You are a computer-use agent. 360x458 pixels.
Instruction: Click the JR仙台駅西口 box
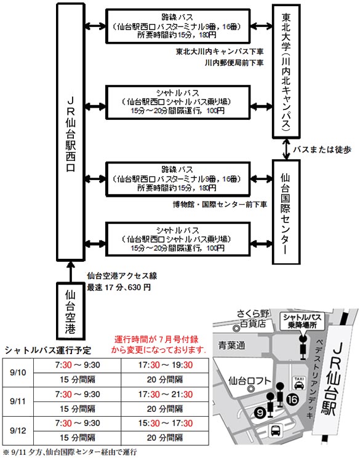(71, 132)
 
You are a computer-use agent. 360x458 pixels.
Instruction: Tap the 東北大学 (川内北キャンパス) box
(286, 71)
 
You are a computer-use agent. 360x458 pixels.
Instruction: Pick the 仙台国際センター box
(286, 212)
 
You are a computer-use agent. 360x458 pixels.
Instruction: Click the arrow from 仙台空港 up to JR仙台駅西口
(70, 272)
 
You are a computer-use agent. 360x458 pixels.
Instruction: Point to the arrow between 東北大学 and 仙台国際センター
(286, 149)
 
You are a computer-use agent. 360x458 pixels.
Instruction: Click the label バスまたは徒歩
(322, 149)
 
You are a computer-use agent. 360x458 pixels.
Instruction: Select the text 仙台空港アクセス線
(122, 275)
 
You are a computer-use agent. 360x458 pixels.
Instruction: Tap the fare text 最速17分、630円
(119, 288)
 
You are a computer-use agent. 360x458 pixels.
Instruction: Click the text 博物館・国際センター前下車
(220, 204)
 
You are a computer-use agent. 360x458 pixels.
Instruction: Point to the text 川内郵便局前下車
(234, 63)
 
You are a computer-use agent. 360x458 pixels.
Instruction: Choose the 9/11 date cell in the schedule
(18, 401)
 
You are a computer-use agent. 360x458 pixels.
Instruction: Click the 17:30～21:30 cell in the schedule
(166, 394)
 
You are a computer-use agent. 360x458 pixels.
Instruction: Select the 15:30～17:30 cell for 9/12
(166, 423)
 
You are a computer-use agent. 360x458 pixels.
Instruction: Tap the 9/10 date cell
(18, 373)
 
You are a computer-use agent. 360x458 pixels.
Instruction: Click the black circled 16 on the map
(292, 399)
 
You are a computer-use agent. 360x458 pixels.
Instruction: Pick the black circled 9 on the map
(260, 413)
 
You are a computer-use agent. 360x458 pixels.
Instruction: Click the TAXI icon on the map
(299, 382)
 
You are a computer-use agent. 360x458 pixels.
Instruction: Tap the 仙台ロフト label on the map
(249, 381)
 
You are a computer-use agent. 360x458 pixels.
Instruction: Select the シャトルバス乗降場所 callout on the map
(302, 321)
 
